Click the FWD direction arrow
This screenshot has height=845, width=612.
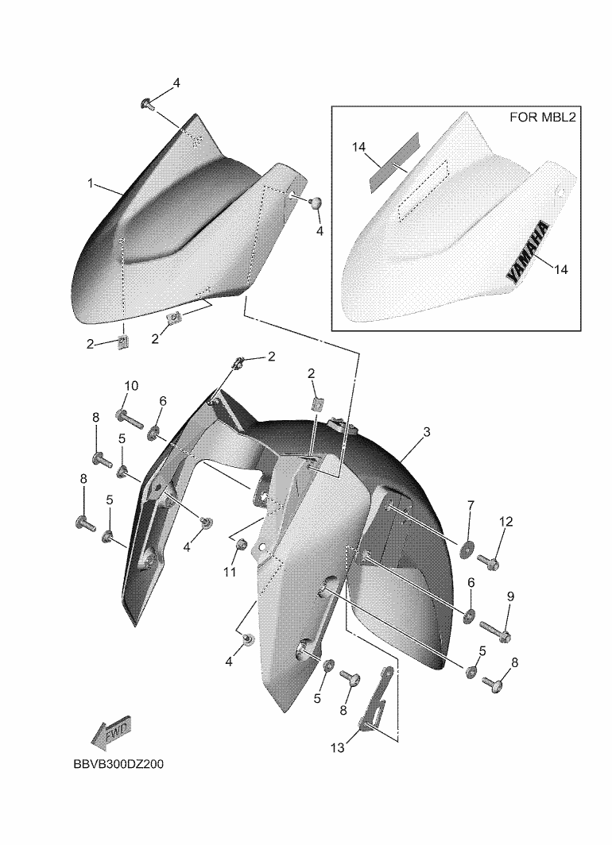110,734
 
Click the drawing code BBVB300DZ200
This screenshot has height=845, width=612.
118,764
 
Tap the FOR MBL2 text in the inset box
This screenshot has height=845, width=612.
542,117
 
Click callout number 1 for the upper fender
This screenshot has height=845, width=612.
91,183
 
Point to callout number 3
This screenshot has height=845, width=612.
427,432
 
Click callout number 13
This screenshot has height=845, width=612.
338,748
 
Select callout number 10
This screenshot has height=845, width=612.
132,385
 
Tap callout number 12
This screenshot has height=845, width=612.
505,521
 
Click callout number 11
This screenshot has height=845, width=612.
230,572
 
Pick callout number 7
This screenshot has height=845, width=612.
471,505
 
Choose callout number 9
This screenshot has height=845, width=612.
510,596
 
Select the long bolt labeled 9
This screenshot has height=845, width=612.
494,631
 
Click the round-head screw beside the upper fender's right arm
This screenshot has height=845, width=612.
315,203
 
